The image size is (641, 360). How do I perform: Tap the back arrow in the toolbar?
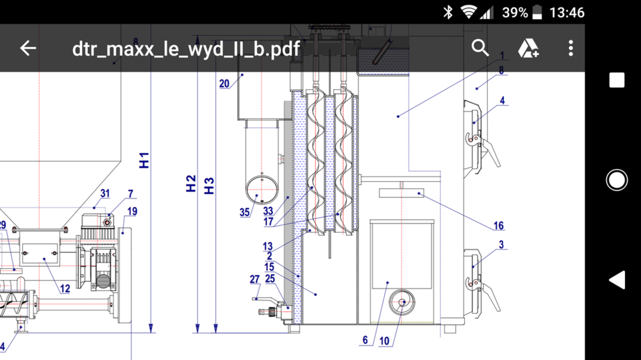28,48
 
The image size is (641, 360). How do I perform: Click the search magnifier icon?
480,48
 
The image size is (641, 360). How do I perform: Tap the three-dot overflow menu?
570,48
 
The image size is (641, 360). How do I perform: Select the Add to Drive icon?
528,48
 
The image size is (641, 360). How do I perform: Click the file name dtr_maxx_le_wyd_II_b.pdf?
187,49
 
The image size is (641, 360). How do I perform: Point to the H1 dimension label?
144,160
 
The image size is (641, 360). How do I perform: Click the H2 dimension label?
190,183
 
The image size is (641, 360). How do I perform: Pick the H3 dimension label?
208,186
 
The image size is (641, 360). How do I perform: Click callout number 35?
244,212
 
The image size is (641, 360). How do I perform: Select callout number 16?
498,225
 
